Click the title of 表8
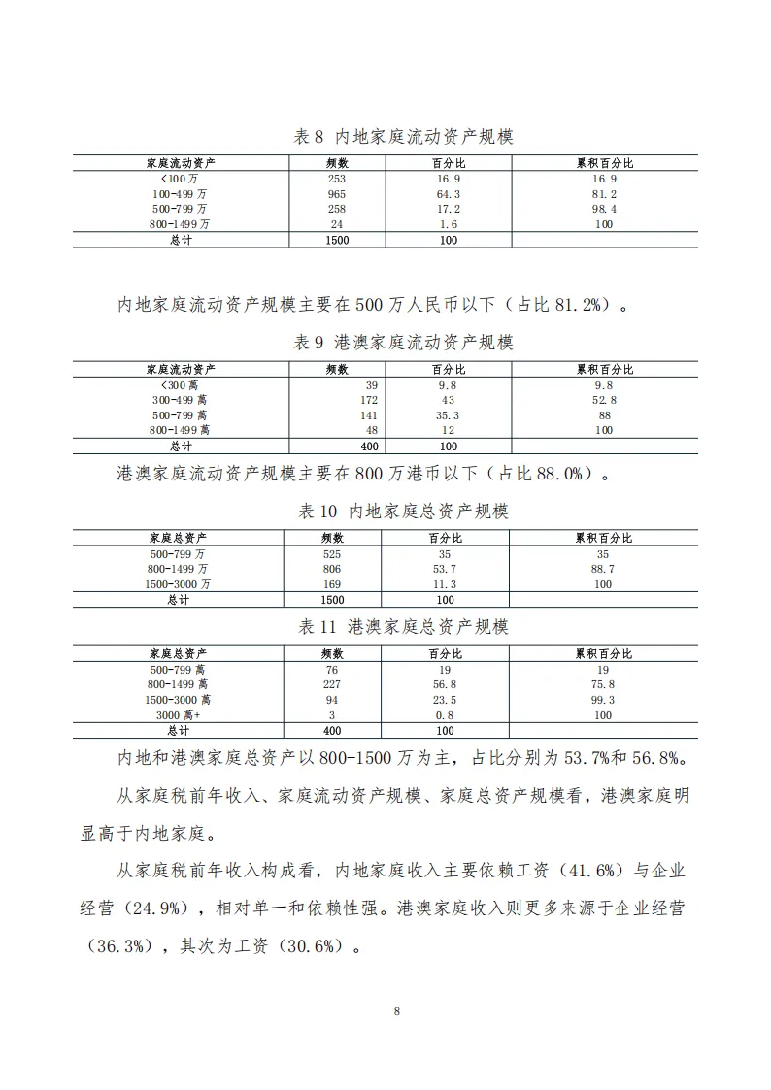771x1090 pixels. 403,137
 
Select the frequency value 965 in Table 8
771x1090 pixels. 337,194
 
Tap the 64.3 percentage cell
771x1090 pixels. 448,194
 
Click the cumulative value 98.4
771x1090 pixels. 604,209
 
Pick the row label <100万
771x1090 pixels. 179,180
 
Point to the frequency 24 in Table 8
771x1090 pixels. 337,224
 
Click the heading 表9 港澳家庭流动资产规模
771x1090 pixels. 403,343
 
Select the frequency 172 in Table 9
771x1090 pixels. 368,400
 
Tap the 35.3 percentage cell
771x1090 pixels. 448,414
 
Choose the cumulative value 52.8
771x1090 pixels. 604,400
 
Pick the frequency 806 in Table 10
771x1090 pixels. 332,569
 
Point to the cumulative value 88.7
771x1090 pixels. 603,569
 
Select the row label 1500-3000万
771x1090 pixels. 178,584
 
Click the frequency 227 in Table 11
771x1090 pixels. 332,684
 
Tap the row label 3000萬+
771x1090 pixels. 178,714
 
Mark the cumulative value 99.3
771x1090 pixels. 603,700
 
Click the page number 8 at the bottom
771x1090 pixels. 397,1011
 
